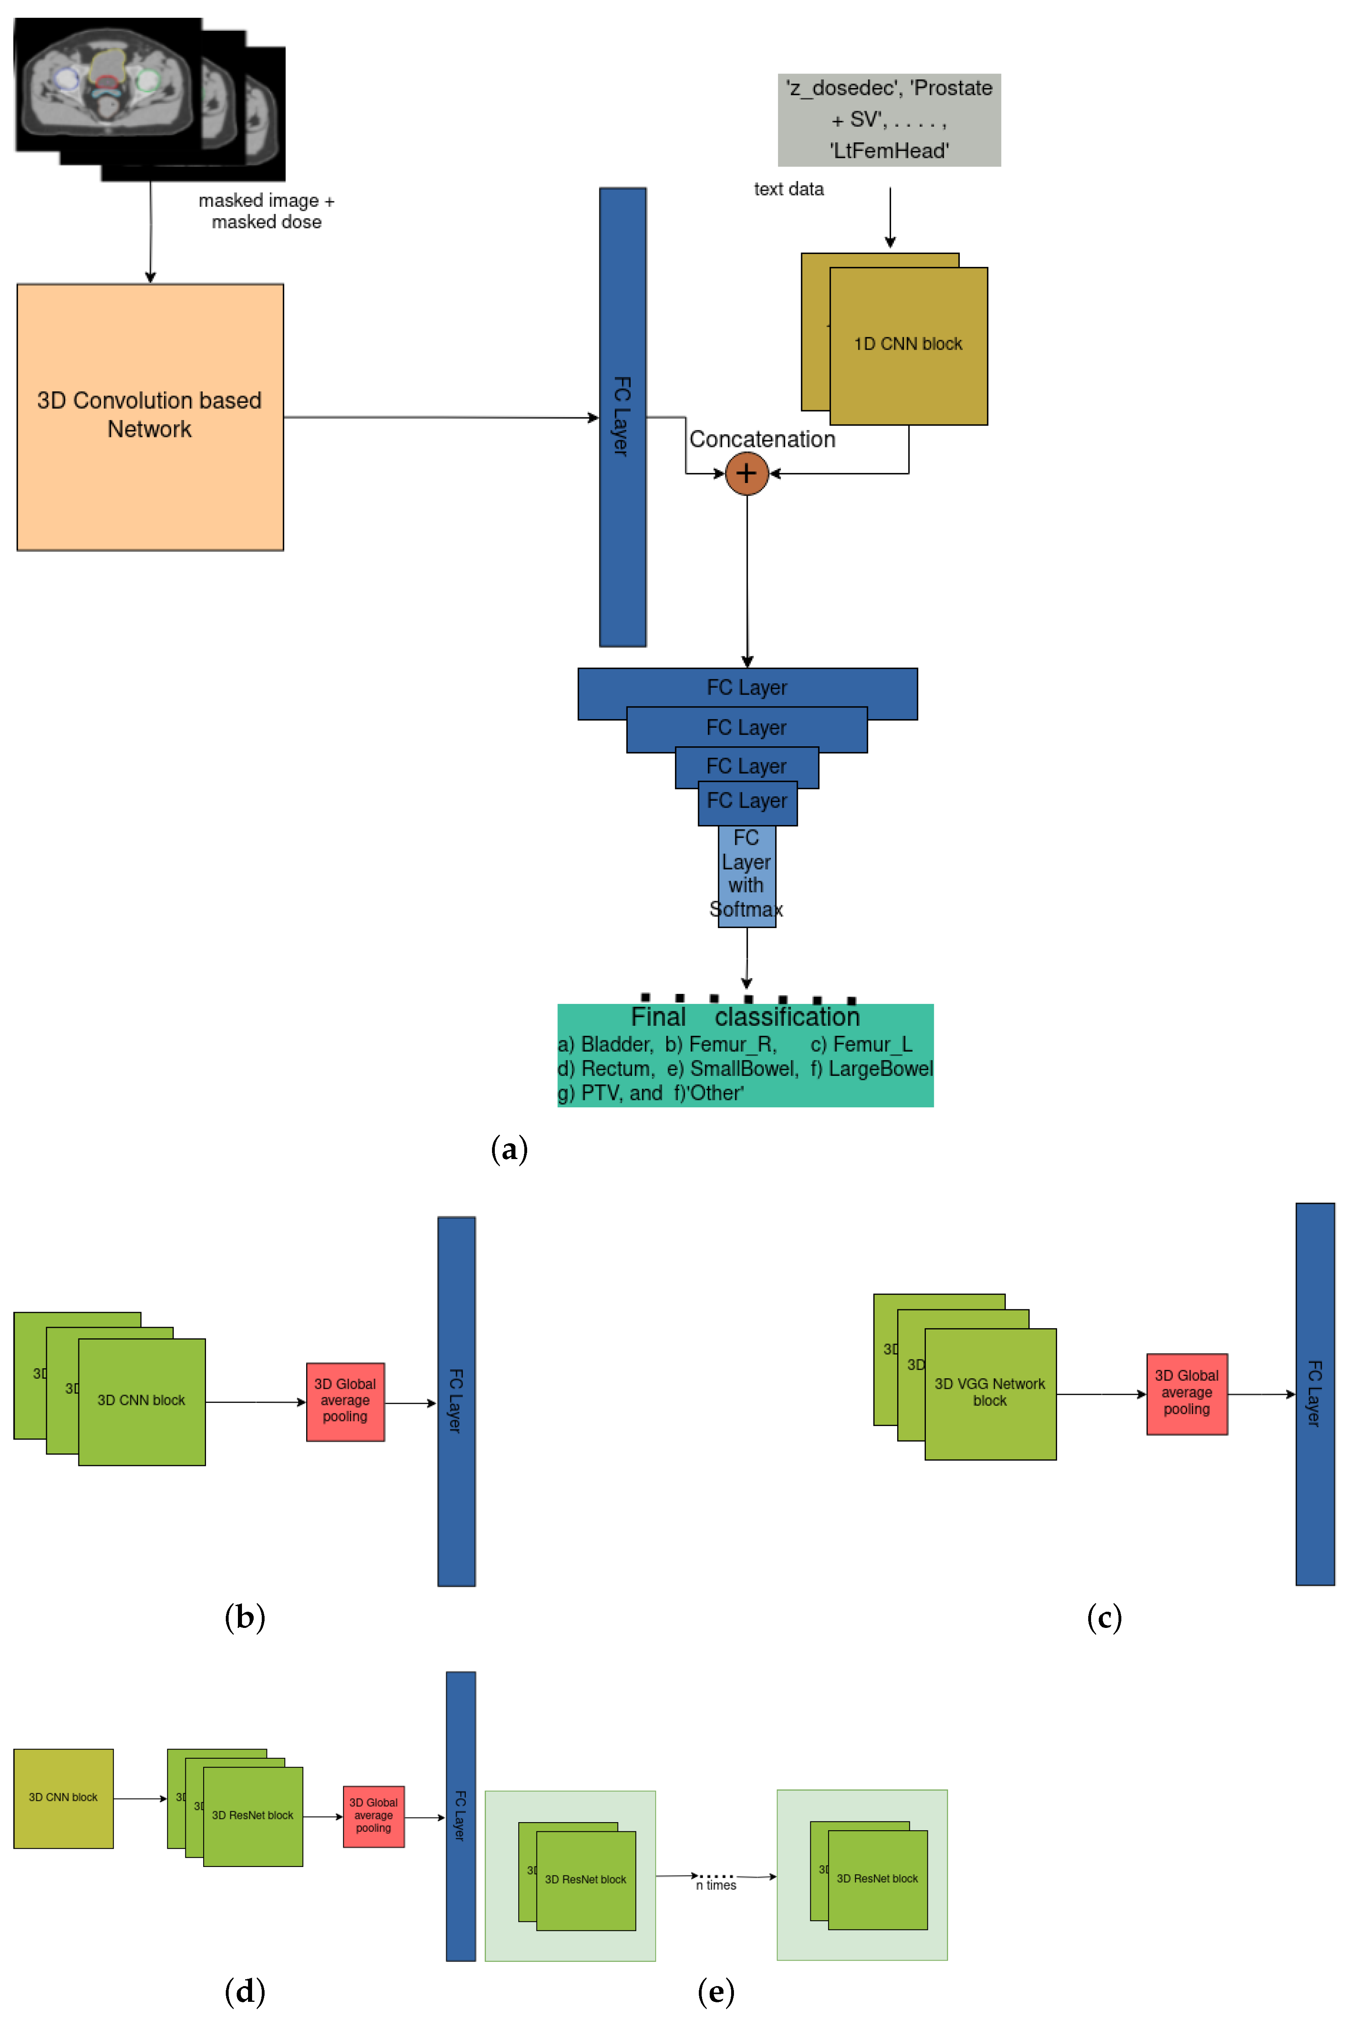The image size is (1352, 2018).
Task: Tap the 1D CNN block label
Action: tap(908, 344)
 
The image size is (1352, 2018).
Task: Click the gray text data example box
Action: tap(889, 120)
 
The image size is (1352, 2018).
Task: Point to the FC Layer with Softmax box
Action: tap(747, 875)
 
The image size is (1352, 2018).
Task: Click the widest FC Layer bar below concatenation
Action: tap(747, 688)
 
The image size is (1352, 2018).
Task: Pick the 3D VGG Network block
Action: tap(990, 1393)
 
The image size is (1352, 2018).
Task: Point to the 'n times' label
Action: tap(716, 1885)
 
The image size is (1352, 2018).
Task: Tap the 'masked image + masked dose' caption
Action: tap(267, 211)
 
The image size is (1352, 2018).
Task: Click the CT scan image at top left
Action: tap(108, 86)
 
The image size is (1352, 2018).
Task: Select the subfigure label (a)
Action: tap(509, 1149)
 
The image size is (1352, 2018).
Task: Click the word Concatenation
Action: tap(762, 440)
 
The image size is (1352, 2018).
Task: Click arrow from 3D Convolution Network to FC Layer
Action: tap(440, 417)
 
